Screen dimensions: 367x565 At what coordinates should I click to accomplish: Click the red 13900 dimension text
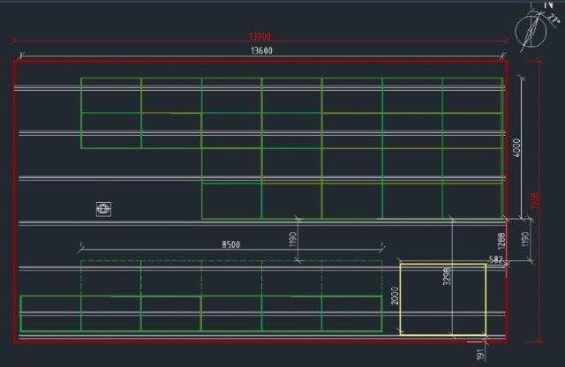point(260,37)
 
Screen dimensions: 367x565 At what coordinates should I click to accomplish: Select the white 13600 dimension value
point(260,51)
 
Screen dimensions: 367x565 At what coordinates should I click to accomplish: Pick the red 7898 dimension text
point(533,201)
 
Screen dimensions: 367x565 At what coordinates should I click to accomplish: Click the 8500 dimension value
point(230,243)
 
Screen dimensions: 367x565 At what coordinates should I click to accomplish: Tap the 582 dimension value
point(496,259)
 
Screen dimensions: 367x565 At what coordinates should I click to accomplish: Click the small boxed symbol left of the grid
point(104,209)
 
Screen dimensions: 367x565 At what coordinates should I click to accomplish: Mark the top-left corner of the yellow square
point(401,263)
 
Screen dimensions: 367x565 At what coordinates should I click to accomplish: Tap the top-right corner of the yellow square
point(485,263)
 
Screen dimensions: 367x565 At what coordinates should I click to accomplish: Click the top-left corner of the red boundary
point(14,62)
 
